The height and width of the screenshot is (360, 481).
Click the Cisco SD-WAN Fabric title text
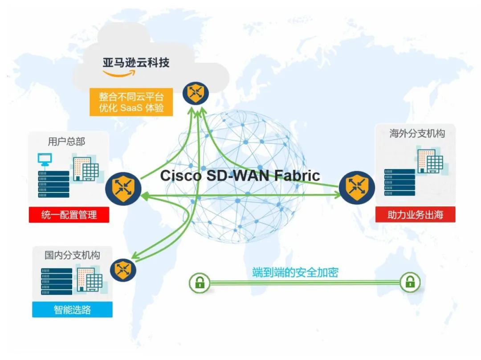pyautogui.click(x=240, y=175)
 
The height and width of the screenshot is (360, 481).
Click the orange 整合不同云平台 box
pyautogui.click(x=131, y=102)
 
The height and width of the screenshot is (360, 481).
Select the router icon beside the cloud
pyautogui.click(x=195, y=93)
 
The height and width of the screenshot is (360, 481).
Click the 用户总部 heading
pyautogui.click(x=66, y=142)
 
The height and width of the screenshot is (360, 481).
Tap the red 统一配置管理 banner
pyautogui.click(x=69, y=215)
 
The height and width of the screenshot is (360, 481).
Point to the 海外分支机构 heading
pyautogui.click(x=417, y=134)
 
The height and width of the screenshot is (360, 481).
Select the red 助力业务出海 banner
pyautogui.click(x=415, y=215)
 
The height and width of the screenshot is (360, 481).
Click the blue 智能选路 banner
pyautogui.click(x=72, y=309)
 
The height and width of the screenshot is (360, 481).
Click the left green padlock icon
pyautogui.click(x=199, y=282)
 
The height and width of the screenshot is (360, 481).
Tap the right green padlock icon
pyautogui.click(x=409, y=282)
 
